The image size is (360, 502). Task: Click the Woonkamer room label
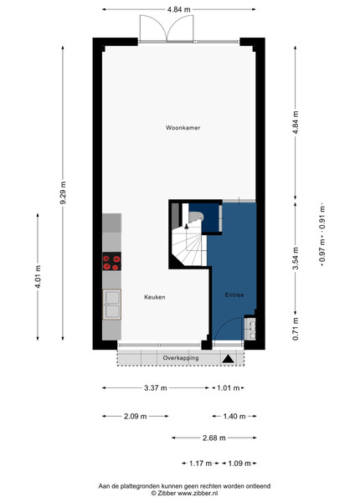(183, 128)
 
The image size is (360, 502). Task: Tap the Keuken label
(155, 297)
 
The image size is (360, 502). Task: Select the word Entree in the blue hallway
(234, 295)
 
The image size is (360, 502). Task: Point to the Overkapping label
(181, 358)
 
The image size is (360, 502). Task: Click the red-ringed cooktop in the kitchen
(112, 261)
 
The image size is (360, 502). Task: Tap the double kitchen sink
(112, 305)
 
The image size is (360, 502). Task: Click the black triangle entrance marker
(228, 359)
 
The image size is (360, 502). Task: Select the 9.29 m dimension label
(63, 192)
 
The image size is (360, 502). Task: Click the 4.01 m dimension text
(38, 277)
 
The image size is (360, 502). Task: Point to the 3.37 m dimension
(156, 388)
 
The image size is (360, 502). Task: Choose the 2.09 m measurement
(135, 416)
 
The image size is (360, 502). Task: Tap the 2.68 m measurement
(214, 438)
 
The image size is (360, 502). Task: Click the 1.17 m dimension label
(200, 464)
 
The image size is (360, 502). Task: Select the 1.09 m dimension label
(239, 464)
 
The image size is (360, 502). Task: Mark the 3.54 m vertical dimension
(296, 258)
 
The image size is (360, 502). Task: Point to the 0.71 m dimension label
(296, 329)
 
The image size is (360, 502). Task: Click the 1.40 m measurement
(234, 416)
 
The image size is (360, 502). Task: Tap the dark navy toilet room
(204, 217)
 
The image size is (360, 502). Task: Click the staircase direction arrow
(187, 227)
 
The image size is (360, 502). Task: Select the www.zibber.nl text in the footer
(198, 494)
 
